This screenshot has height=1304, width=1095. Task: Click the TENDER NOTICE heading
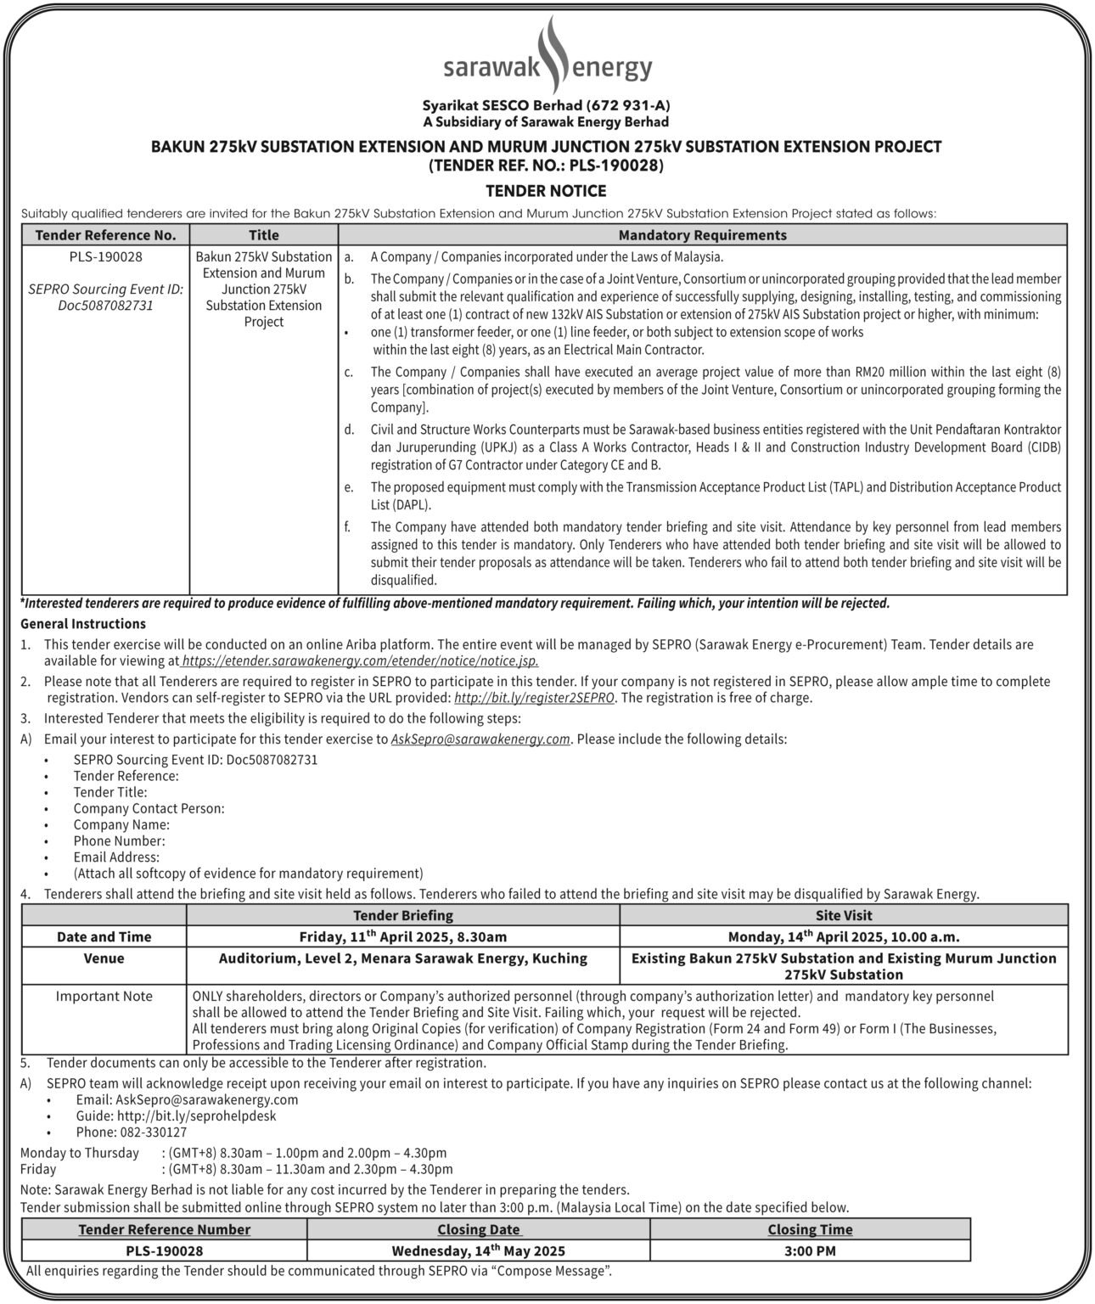(546, 191)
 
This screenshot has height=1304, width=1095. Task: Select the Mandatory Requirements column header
(702, 235)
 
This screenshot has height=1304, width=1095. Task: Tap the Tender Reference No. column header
(106, 235)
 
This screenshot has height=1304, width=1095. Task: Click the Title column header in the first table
(264, 235)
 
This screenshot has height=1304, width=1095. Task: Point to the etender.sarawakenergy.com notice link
(360, 660)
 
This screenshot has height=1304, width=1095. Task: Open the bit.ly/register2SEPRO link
(535, 698)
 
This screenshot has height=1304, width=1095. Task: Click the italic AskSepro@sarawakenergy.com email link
(480, 739)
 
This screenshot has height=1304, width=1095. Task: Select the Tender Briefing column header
(402, 915)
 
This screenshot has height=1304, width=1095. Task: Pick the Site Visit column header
(844, 915)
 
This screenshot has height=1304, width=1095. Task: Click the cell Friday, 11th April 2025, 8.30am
(402, 936)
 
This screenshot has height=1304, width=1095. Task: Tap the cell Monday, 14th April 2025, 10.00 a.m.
(844, 936)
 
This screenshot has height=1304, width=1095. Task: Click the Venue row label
(104, 958)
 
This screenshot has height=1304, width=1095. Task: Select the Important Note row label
(104, 997)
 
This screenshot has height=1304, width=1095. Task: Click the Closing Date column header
(479, 1229)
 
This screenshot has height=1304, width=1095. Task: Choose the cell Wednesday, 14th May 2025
(479, 1251)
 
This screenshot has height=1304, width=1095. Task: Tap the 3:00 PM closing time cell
(810, 1251)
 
